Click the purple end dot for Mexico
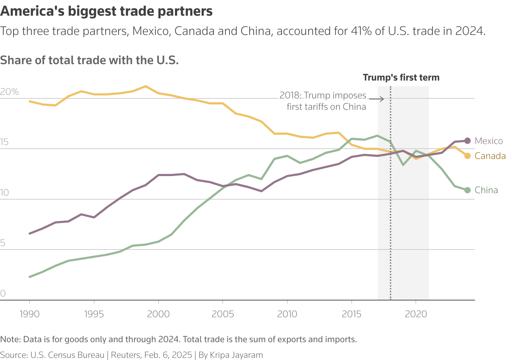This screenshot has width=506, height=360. tap(468, 141)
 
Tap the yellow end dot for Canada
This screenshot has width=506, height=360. tap(468, 156)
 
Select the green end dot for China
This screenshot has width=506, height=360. tap(468, 190)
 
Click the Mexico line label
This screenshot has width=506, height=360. tap(489, 141)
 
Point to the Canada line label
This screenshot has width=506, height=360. tap(490, 156)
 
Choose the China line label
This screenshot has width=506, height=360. tap(486, 190)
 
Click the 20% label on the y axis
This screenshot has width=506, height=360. tap(9, 92)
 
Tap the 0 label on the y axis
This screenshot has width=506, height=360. tap(3, 293)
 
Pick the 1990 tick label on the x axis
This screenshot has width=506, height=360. tap(30, 314)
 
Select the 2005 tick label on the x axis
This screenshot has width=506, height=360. tap(223, 314)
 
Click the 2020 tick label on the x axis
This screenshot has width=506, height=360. tap(416, 314)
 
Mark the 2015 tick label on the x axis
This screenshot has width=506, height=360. tap(351, 314)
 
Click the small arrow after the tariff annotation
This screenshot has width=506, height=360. tap(377, 99)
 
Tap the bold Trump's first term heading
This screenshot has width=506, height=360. tap(401, 77)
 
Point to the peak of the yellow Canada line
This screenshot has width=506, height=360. tap(146, 86)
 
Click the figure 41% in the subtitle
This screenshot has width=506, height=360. tap(361, 31)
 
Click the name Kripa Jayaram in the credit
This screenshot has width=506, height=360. tap(236, 355)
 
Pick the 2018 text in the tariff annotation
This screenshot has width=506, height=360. tap(290, 96)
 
